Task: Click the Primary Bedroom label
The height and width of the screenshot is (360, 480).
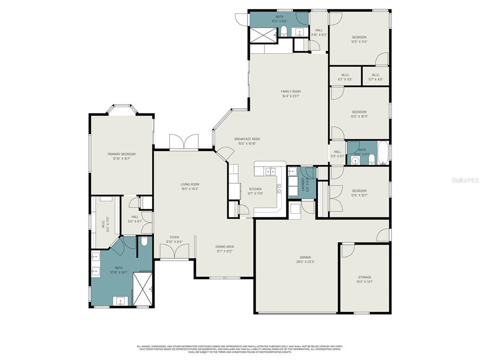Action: tap(121, 154)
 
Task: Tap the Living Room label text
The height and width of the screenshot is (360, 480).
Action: tap(190, 184)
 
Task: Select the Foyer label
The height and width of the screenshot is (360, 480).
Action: tap(174, 237)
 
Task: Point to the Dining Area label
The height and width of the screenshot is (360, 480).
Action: tap(225, 247)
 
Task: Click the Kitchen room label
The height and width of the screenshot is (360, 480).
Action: tap(255, 189)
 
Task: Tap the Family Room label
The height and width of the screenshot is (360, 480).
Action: tap(291, 91)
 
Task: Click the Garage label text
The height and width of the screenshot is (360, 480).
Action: tap(305, 257)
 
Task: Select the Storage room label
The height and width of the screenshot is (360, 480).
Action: tap(364, 277)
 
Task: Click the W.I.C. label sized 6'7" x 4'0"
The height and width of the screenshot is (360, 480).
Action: tap(345, 75)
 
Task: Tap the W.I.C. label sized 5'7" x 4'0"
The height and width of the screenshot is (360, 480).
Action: tap(376, 75)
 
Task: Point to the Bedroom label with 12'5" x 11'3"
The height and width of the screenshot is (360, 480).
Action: tap(359, 37)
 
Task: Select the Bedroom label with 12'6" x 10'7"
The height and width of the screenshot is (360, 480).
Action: tap(359, 191)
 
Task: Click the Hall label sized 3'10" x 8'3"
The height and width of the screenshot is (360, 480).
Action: tap(319, 30)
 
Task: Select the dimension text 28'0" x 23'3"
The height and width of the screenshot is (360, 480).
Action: tap(305, 262)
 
